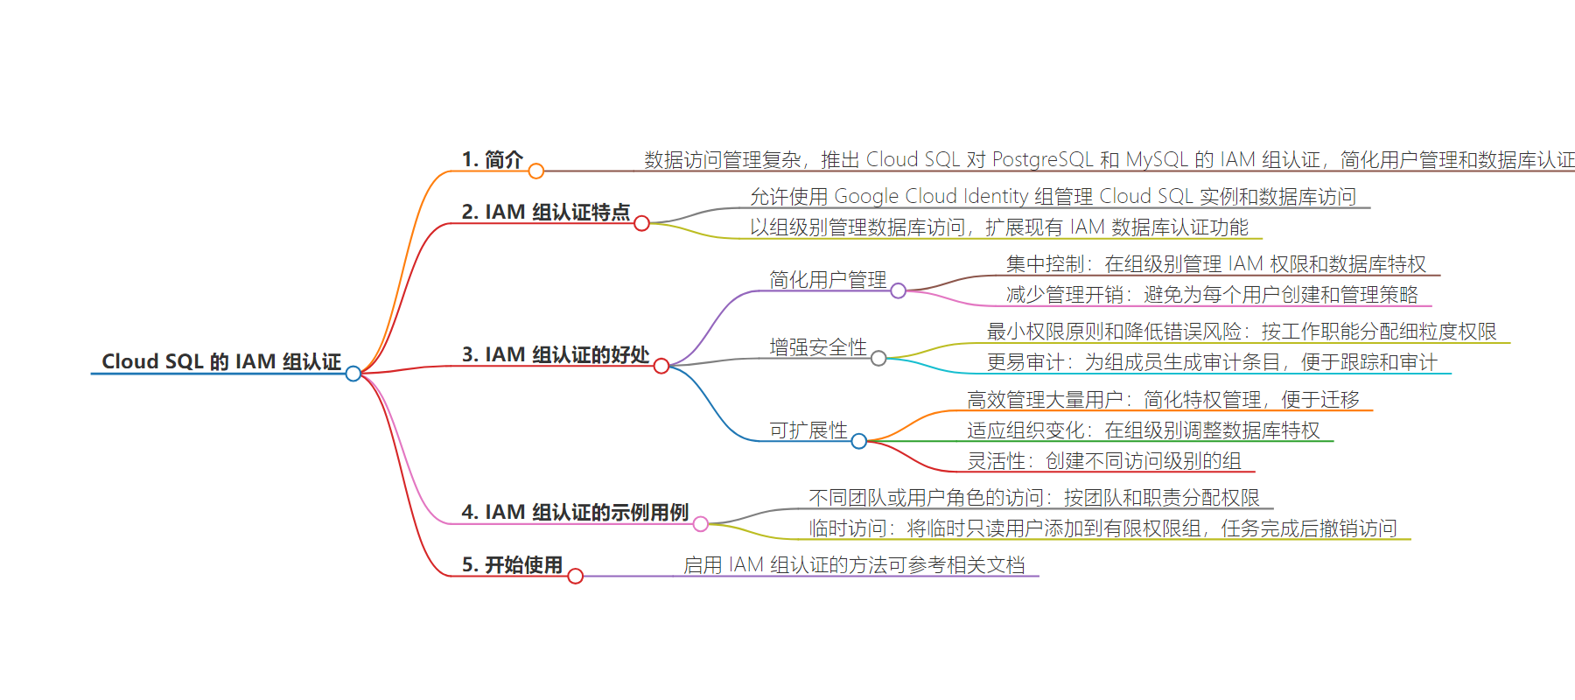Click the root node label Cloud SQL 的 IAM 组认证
[221, 361]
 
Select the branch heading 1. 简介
[492, 159]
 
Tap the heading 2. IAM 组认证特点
[545, 212]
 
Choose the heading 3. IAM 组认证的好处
[555, 354]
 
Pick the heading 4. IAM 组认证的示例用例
[575, 512]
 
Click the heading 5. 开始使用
[512, 564]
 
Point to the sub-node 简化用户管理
[828, 279]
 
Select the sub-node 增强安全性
[818, 347]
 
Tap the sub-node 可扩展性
[808, 430]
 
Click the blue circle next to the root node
[353, 374]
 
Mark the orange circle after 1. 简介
[536, 171]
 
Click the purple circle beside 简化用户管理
[899, 290]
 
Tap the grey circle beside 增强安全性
[878, 358]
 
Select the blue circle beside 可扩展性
[859, 441]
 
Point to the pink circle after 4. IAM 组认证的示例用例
[701, 523]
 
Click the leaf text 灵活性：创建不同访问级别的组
[1104, 460]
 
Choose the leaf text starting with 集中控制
[1216, 263]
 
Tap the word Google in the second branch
[866, 196]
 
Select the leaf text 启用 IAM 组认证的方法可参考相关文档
[854, 564]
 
